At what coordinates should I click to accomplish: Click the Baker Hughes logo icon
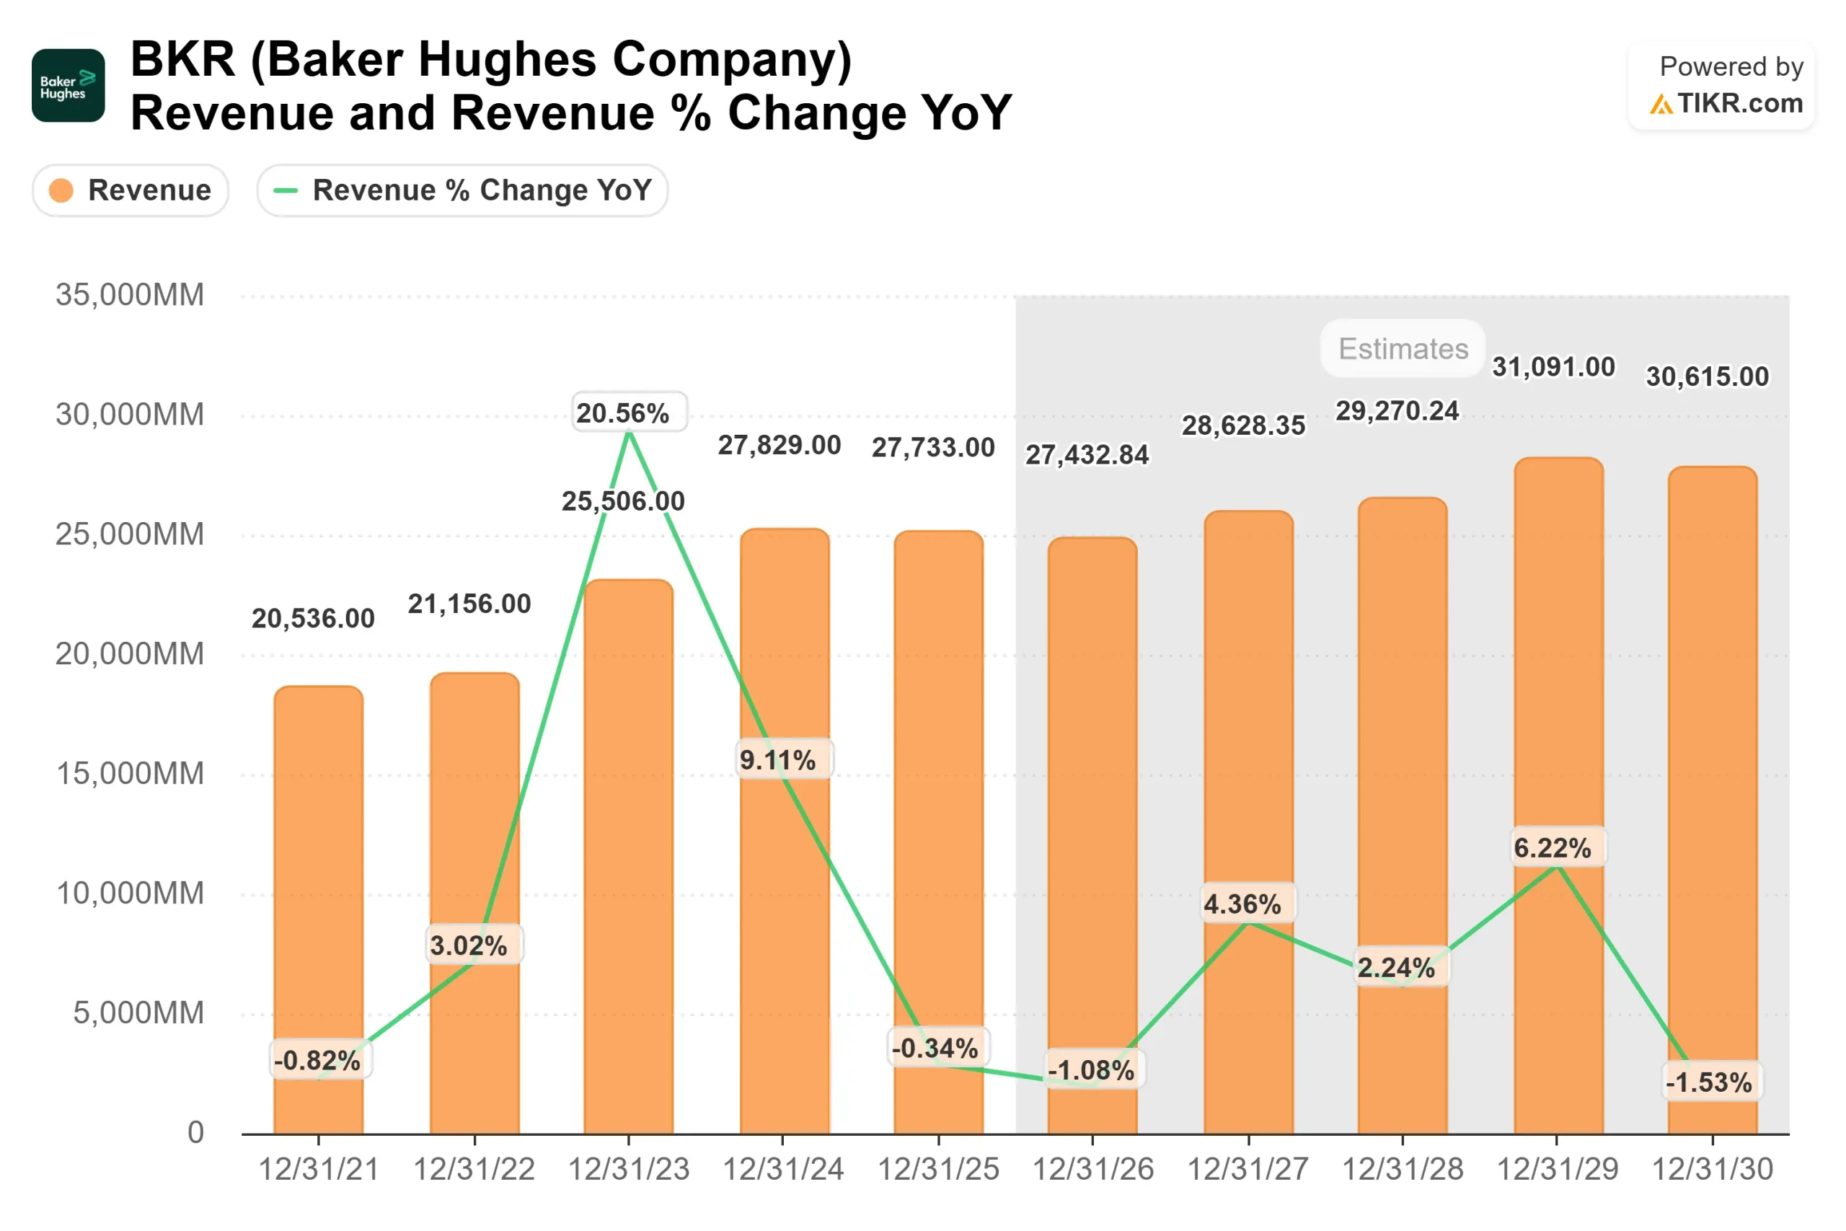(69, 86)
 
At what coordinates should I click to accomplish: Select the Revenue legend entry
(131, 190)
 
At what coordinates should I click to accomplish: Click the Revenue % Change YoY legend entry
(462, 190)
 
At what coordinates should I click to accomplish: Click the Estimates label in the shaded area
(1403, 348)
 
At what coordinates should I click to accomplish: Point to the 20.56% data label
(629, 413)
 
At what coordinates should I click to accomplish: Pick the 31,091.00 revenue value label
(1553, 366)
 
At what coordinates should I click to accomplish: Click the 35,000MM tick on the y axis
(130, 295)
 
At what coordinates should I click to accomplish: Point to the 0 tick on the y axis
(195, 1133)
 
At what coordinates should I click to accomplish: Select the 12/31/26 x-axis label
(1092, 1170)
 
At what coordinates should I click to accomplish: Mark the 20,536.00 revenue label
(313, 619)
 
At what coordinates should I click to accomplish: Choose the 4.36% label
(1245, 904)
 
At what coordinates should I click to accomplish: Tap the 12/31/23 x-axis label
(629, 1170)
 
